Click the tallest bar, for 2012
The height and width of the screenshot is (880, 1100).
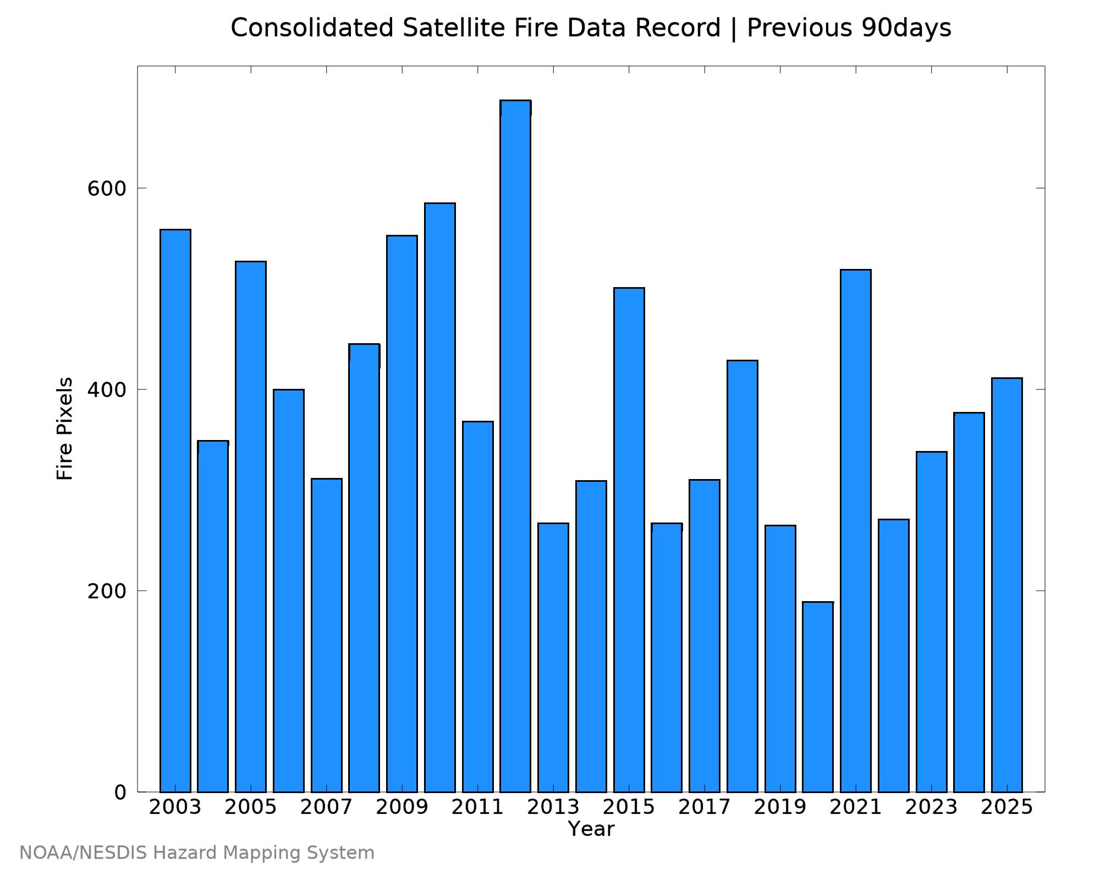(515, 446)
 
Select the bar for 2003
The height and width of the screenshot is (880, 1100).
(175, 510)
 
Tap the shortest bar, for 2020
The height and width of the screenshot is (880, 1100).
(818, 697)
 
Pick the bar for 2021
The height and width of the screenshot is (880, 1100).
(856, 531)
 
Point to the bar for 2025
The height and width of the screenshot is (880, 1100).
(1007, 585)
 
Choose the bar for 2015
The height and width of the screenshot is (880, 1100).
(629, 540)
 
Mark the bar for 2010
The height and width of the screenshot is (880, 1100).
(440, 497)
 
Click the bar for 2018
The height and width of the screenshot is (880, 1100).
(743, 576)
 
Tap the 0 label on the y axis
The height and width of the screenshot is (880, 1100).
(120, 793)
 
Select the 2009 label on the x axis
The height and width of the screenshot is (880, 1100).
(402, 807)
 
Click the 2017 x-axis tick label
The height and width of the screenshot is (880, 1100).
(705, 807)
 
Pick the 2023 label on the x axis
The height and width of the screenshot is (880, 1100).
(932, 807)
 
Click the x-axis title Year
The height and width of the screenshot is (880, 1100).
(591, 829)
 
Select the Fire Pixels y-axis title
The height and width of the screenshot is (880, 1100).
(65, 428)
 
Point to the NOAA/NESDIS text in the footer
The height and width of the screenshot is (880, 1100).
(83, 853)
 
